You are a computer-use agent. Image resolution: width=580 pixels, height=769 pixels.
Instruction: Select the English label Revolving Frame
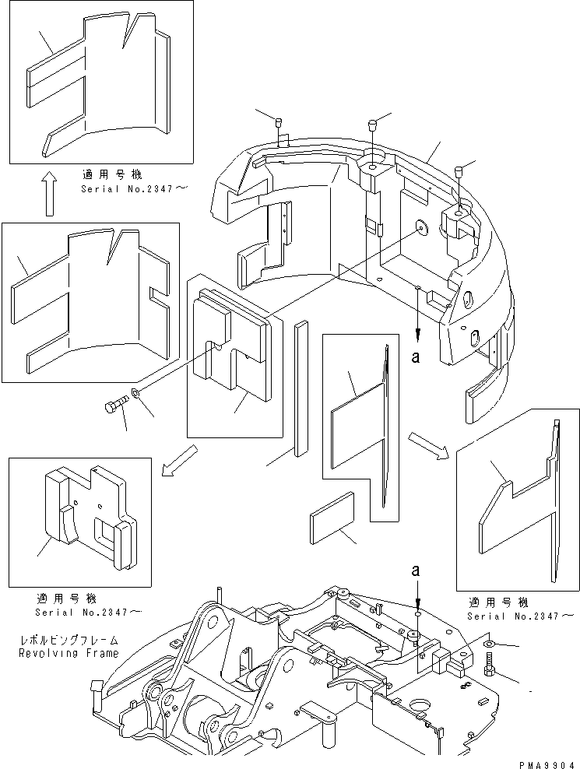(x=69, y=654)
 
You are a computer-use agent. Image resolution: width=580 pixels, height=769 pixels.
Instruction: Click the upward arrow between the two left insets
(x=48, y=195)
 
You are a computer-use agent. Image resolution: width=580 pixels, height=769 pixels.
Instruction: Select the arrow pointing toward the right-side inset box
(x=428, y=444)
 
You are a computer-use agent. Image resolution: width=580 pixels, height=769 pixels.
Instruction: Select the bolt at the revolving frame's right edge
(x=490, y=664)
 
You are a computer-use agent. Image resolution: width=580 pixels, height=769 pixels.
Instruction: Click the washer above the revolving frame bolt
(x=488, y=644)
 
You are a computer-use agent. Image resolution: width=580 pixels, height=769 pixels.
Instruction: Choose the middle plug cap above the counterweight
(x=372, y=123)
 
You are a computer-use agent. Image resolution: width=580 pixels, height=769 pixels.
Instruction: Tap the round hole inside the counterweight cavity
(x=422, y=227)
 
